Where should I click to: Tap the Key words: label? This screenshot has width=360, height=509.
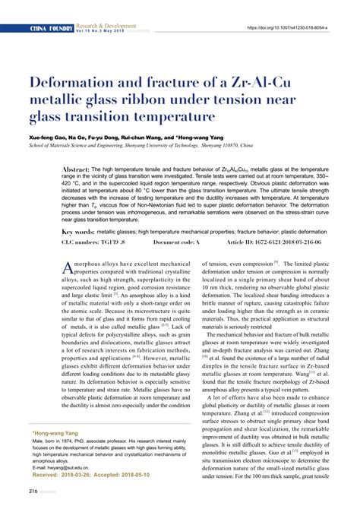77,230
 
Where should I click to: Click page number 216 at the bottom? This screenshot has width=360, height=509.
33,491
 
